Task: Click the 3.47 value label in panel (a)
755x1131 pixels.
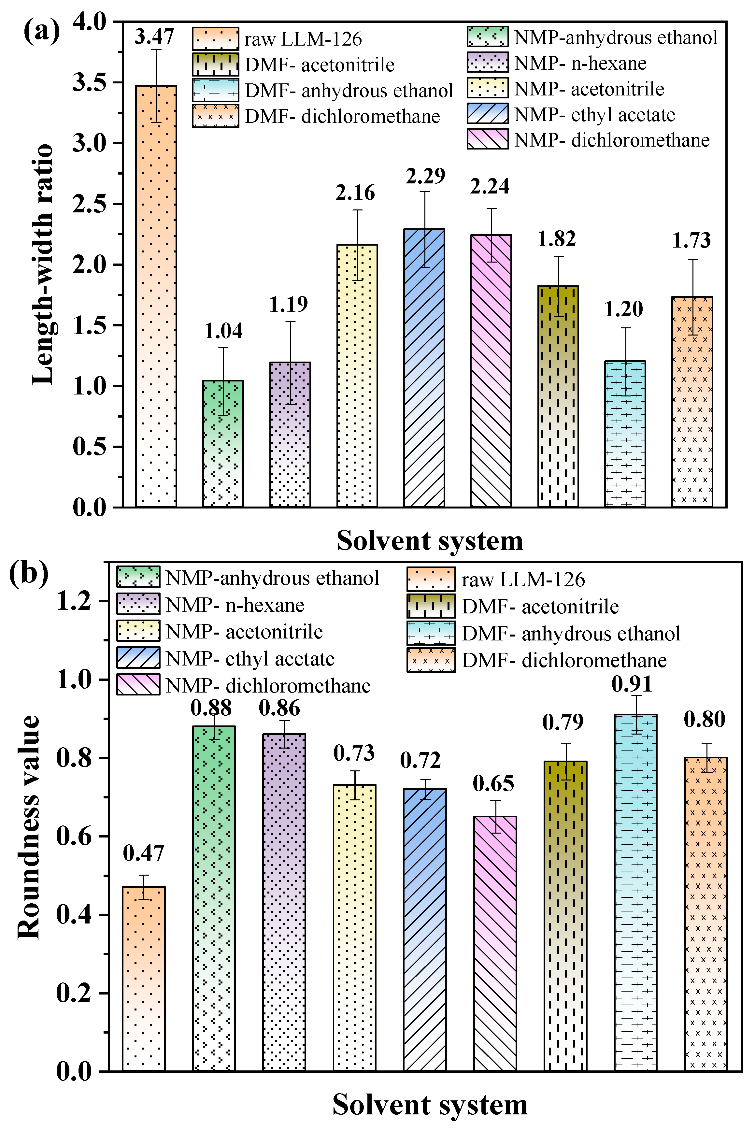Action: [x=154, y=36]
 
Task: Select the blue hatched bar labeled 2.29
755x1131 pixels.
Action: [x=424, y=368]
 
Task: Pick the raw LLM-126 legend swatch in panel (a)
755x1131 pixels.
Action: [x=215, y=38]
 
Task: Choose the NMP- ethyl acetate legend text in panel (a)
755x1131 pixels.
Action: [x=595, y=115]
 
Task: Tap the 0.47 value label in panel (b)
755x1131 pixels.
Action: [x=144, y=853]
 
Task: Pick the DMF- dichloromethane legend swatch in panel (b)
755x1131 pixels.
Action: [x=431, y=660]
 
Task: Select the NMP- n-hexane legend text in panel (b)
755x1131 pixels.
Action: [x=235, y=605]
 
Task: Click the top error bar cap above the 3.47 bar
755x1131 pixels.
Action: [x=156, y=50]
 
